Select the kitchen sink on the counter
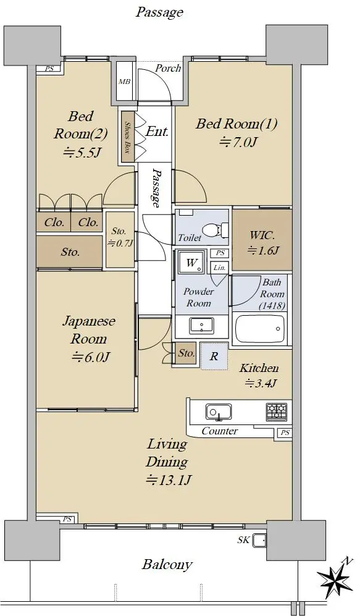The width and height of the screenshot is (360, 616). click(x=218, y=411)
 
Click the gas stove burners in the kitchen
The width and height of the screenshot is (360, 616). click(x=277, y=410)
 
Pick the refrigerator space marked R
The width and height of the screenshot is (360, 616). click(x=214, y=356)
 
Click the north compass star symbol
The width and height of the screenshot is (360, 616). click(x=335, y=576)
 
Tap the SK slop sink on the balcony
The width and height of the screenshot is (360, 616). click(x=258, y=540)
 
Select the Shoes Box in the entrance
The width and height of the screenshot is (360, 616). click(x=127, y=137)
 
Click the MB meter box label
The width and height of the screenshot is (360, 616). click(x=125, y=82)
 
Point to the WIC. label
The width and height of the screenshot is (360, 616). click(x=262, y=236)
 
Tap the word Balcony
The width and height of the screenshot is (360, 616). click(x=167, y=565)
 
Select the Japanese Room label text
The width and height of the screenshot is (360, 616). click(x=89, y=330)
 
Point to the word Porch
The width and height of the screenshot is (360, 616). click(x=168, y=68)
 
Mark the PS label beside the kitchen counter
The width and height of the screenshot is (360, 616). click(x=285, y=432)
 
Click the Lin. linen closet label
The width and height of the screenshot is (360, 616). click(x=219, y=268)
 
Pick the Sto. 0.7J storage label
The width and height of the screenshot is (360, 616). click(x=120, y=237)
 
